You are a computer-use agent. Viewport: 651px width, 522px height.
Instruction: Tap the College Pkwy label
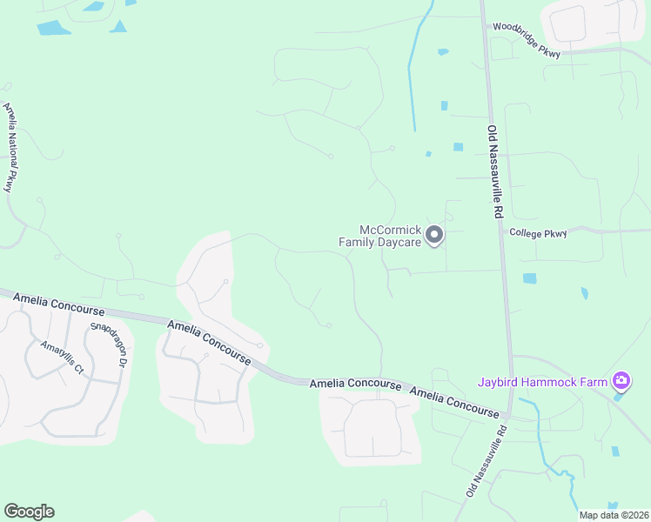tap(538, 233)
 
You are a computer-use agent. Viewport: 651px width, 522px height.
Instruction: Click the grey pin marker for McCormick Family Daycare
tap(434, 235)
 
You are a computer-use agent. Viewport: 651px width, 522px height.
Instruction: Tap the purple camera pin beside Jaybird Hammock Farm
tap(621, 380)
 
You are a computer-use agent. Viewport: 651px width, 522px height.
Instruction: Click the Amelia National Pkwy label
tap(10, 147)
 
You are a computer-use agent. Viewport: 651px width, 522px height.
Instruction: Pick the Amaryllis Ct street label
tap(61, 357)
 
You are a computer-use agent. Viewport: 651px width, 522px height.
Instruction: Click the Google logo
tap(29, 512)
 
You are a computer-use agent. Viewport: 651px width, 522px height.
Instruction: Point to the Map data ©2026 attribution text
tap(613, 515)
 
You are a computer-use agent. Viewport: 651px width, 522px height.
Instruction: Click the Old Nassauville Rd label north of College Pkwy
tap(495, 171)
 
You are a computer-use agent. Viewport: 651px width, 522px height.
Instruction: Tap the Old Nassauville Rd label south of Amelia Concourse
tap(486, 461)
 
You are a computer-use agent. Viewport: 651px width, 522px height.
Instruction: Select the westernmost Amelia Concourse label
tap(52, 305)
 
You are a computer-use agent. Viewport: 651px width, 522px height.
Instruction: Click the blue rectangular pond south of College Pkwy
tap(529, 278)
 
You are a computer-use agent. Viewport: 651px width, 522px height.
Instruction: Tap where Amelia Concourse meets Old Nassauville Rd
tap(507, 416)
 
